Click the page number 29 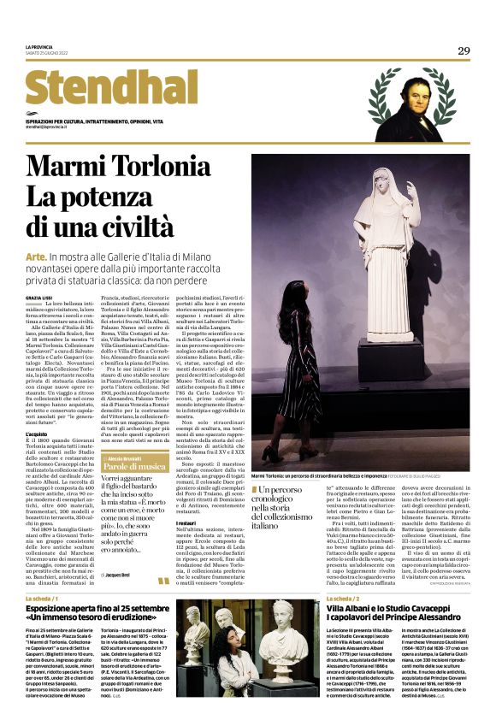click(464, 50)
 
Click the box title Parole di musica click(132, 467)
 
